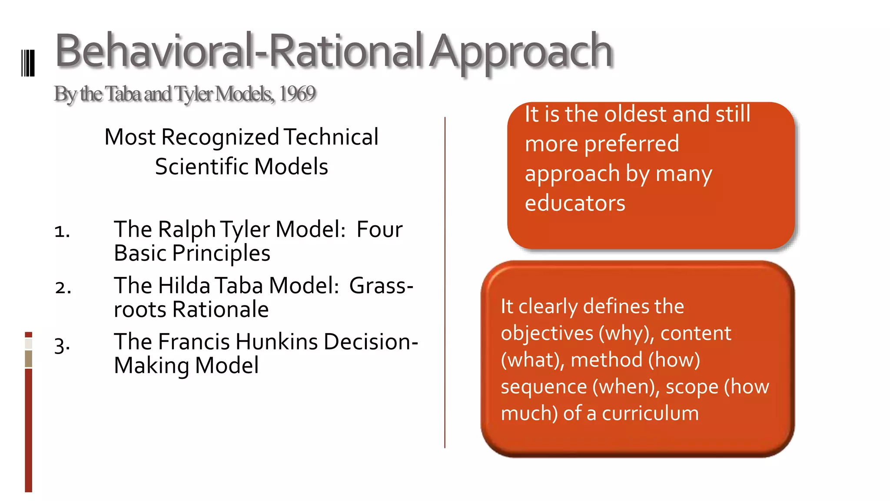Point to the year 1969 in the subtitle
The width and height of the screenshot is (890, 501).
297,94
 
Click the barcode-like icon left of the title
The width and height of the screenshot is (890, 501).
28,63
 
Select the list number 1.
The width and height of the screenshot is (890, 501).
62,231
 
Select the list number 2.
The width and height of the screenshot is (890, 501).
63,287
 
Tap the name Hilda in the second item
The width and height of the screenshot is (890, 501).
184,286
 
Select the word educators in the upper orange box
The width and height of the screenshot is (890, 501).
575,203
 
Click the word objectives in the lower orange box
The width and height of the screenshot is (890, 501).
547,334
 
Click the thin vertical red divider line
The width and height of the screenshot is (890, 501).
445,283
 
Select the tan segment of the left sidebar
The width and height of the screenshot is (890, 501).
29,359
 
